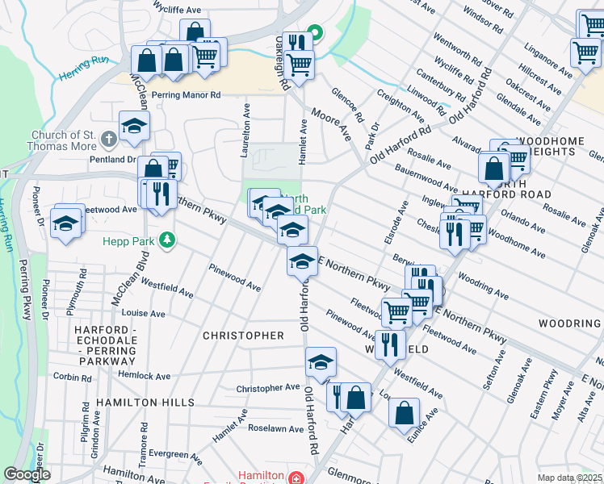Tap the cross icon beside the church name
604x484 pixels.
(111, 141)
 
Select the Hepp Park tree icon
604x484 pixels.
(166, 240)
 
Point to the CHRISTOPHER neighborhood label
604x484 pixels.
(243, 335)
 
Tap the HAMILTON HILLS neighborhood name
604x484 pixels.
(145, 402)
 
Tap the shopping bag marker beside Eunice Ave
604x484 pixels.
(404, 412)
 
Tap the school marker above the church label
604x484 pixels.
(134, 125)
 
